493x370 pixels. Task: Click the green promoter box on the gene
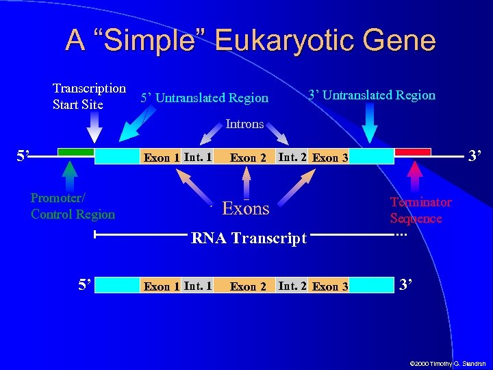click(75, 151)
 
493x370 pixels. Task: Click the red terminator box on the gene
click(413, 151)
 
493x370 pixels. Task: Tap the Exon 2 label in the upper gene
click(248, 158)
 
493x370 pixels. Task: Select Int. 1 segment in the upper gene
click(197, 157)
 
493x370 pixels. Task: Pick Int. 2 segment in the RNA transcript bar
click(292, 286)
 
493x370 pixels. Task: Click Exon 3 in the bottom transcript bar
click(329, 286)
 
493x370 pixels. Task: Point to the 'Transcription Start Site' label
click(89, 97)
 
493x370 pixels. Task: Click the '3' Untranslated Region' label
click(371, 95)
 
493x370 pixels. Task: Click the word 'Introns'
click(244, 124)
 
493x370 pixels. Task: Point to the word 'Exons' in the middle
click(246, 208)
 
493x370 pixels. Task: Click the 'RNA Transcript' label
click(249, 238)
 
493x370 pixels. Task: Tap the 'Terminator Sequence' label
click(420, 210)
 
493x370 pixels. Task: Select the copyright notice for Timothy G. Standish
click(447, 362)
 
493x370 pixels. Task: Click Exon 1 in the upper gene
click(162, 158)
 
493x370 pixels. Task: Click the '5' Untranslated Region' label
click(204, 98)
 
